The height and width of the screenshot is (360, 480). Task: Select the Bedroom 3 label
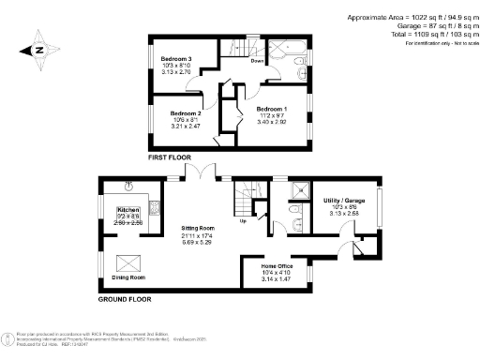tap(176, 59)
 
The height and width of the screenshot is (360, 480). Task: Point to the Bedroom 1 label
tap(273, 109)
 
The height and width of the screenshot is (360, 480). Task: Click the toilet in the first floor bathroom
tap(299, 76)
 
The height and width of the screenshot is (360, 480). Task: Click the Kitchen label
tap(127, 210)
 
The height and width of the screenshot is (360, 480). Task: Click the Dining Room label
tap(129, 277)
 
